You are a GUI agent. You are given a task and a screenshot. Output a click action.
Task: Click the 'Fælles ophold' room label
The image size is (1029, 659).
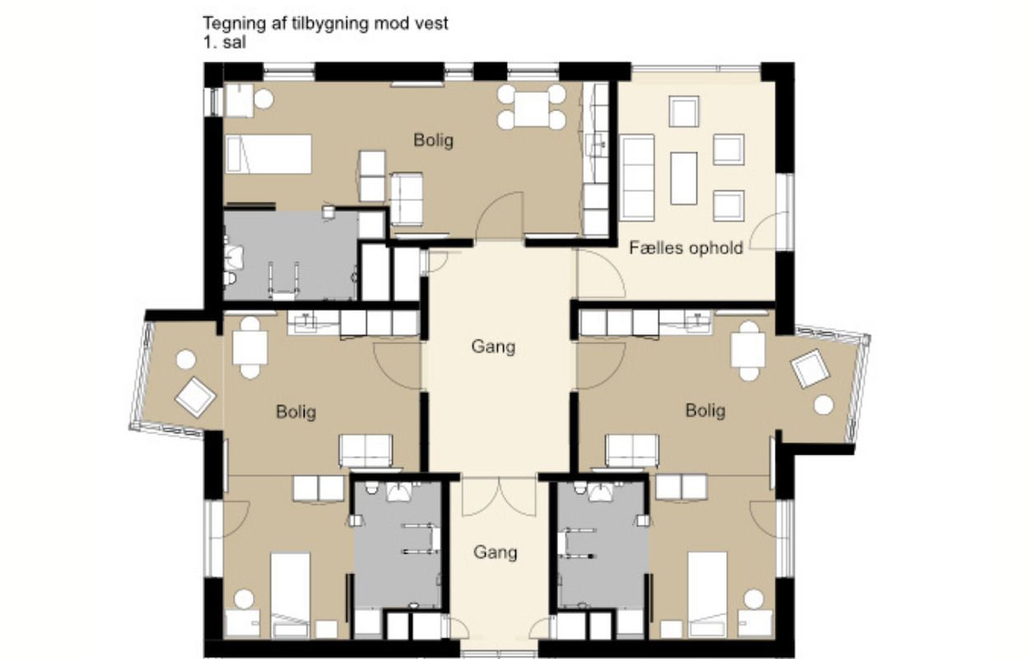tap(686, 248)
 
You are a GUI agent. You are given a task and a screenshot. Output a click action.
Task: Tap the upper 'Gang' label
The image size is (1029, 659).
tap(493, 347)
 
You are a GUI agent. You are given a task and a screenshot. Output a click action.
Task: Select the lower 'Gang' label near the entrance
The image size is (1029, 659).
tap(495, 552)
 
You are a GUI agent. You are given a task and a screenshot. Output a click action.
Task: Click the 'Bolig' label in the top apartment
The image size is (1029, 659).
tap(433, 140)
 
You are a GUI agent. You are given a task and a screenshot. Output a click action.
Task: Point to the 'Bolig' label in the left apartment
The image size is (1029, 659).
tap(296, 412)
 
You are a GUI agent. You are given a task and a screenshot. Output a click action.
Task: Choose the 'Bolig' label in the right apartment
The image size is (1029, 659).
tap(705, 410)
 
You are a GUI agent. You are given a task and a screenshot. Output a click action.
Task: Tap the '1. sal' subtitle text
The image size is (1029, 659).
tap(225, 42)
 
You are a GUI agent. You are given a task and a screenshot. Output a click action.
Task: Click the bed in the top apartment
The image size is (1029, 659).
tap(268, 154)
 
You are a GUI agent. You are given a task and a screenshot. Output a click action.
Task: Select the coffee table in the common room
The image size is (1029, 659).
tap(683, 178)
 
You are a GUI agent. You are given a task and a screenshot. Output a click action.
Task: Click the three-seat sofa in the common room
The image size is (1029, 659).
tap(636, 177)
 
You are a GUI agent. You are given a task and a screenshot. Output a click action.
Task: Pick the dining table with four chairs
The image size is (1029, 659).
tap(532, 108)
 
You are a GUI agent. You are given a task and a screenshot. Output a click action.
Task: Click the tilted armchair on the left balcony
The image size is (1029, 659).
tap(196, 397)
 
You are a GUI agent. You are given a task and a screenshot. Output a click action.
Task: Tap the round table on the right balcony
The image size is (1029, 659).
tap(823, 404)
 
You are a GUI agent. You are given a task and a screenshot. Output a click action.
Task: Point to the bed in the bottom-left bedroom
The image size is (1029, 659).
tap(290, 595)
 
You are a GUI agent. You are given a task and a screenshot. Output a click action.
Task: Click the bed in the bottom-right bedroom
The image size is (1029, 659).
tap(707, 594)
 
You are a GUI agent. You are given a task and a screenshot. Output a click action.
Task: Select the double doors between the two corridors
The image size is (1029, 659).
tap(499, 497)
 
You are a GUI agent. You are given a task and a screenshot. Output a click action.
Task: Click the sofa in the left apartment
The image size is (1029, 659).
tap(366, 451)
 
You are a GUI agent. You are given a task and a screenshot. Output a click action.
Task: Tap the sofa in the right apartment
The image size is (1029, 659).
tap(632, 451)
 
